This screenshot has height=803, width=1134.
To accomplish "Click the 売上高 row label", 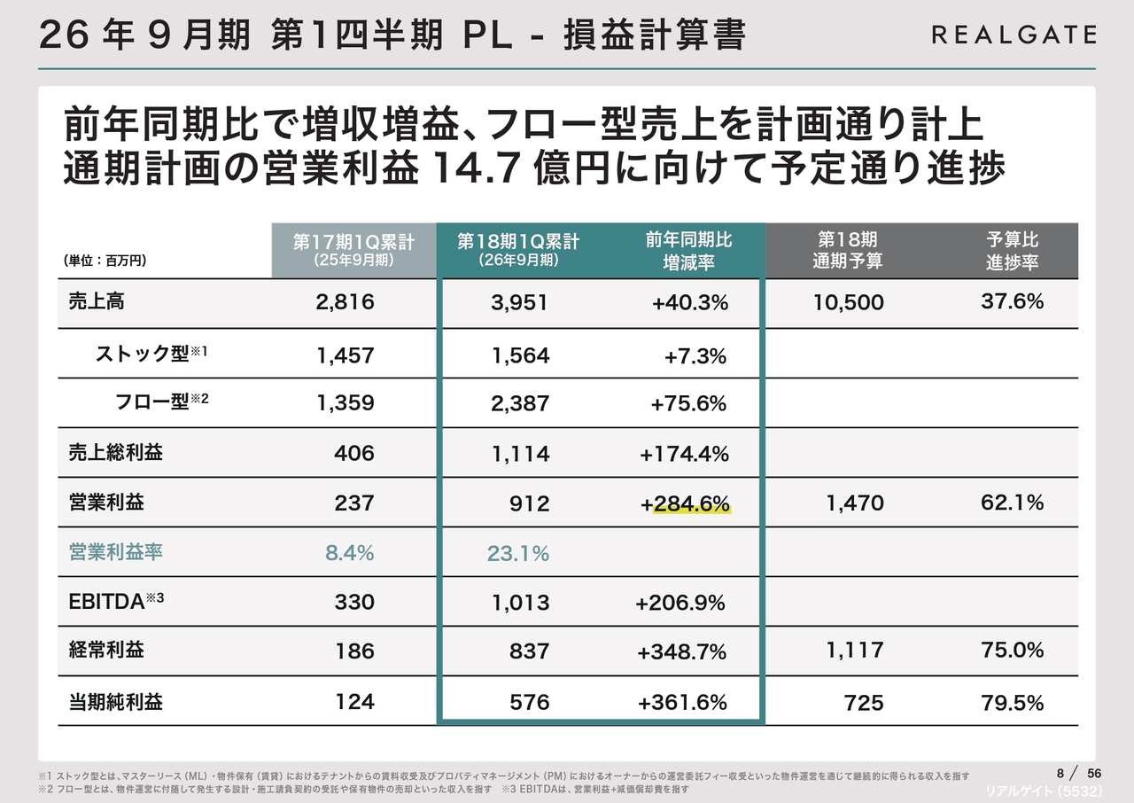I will tap(97, 301).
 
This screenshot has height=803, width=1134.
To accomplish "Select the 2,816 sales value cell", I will tap(345, 302).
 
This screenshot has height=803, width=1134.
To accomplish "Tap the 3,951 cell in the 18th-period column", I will tap(520, 302).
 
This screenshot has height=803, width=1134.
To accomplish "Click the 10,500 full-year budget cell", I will tap(848, 302).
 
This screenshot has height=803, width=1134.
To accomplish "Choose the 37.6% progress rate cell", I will tap(1013, 301).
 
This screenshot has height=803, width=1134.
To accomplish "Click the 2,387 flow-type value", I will tap(520, 403).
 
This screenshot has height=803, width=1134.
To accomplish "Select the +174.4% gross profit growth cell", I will tap(684, 454).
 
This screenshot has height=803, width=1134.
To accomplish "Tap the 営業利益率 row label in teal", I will tap(116, 552).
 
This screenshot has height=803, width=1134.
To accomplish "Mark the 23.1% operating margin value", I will tap(518, 554).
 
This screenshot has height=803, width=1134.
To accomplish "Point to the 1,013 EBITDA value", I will tap(520, 604).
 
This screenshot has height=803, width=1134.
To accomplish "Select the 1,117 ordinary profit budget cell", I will tap(854, 651).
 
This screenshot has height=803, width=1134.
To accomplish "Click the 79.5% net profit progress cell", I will tap(1013, 703).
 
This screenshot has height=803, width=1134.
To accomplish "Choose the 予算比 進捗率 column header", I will tap(1012, 251).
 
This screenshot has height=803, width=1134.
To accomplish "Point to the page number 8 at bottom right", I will tap(1060, 772).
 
